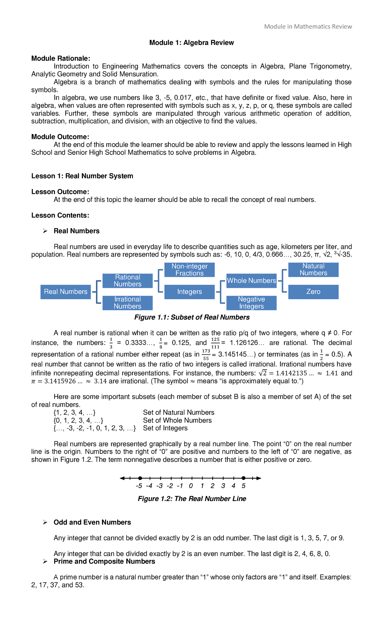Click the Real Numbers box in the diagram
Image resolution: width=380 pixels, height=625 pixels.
pyautogui.click(x=66, y=292)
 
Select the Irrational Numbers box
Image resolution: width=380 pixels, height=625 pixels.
pyautogui.click(x=127, y=303)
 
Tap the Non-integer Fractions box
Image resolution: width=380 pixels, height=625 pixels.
pyautogui.click(x=189, y=270)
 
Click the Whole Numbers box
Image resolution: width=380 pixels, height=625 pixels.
pyautogui.click(x=251, y=281)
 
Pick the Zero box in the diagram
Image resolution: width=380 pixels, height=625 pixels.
pyautogui.click(x=313, y=292)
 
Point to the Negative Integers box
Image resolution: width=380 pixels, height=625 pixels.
pyautogui.click(x=251, y=303)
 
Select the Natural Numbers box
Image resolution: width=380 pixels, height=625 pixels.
pyautogui.click(x=313, y=270)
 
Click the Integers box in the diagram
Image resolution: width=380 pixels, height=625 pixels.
pyautogui.click(x=189, y=292)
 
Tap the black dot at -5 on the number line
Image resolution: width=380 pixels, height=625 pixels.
pyautogui.click(x=140, y=478)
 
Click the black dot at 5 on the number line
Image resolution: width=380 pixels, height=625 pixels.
pyautogui.click(x=243, y=478)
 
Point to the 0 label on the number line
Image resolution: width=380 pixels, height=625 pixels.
pyautogui.click(x=191, y=486)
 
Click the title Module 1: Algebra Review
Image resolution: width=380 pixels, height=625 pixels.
pyautogui.click(x=191, y=43)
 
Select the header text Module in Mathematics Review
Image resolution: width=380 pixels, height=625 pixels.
pyautogui.click(x=308, y=27)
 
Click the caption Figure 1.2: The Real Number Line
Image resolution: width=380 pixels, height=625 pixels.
pyautogui.click(x=192, y=499)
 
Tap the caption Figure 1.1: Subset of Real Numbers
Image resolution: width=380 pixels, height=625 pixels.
pyautogui.click(x=192, y=317)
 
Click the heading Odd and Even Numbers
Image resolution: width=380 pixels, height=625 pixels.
pyautogui.click(x=92, y=522)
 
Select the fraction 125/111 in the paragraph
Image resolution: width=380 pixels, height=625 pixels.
pyautogui.click(x=215, y=343)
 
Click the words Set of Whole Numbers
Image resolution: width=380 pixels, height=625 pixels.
pyautogui.click(x=177, y=420)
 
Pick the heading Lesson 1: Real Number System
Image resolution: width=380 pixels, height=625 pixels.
pyautogui.click(x=82, y=176)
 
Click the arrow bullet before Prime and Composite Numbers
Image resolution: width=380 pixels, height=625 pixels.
pyautogui.click(x=45, y=561)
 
